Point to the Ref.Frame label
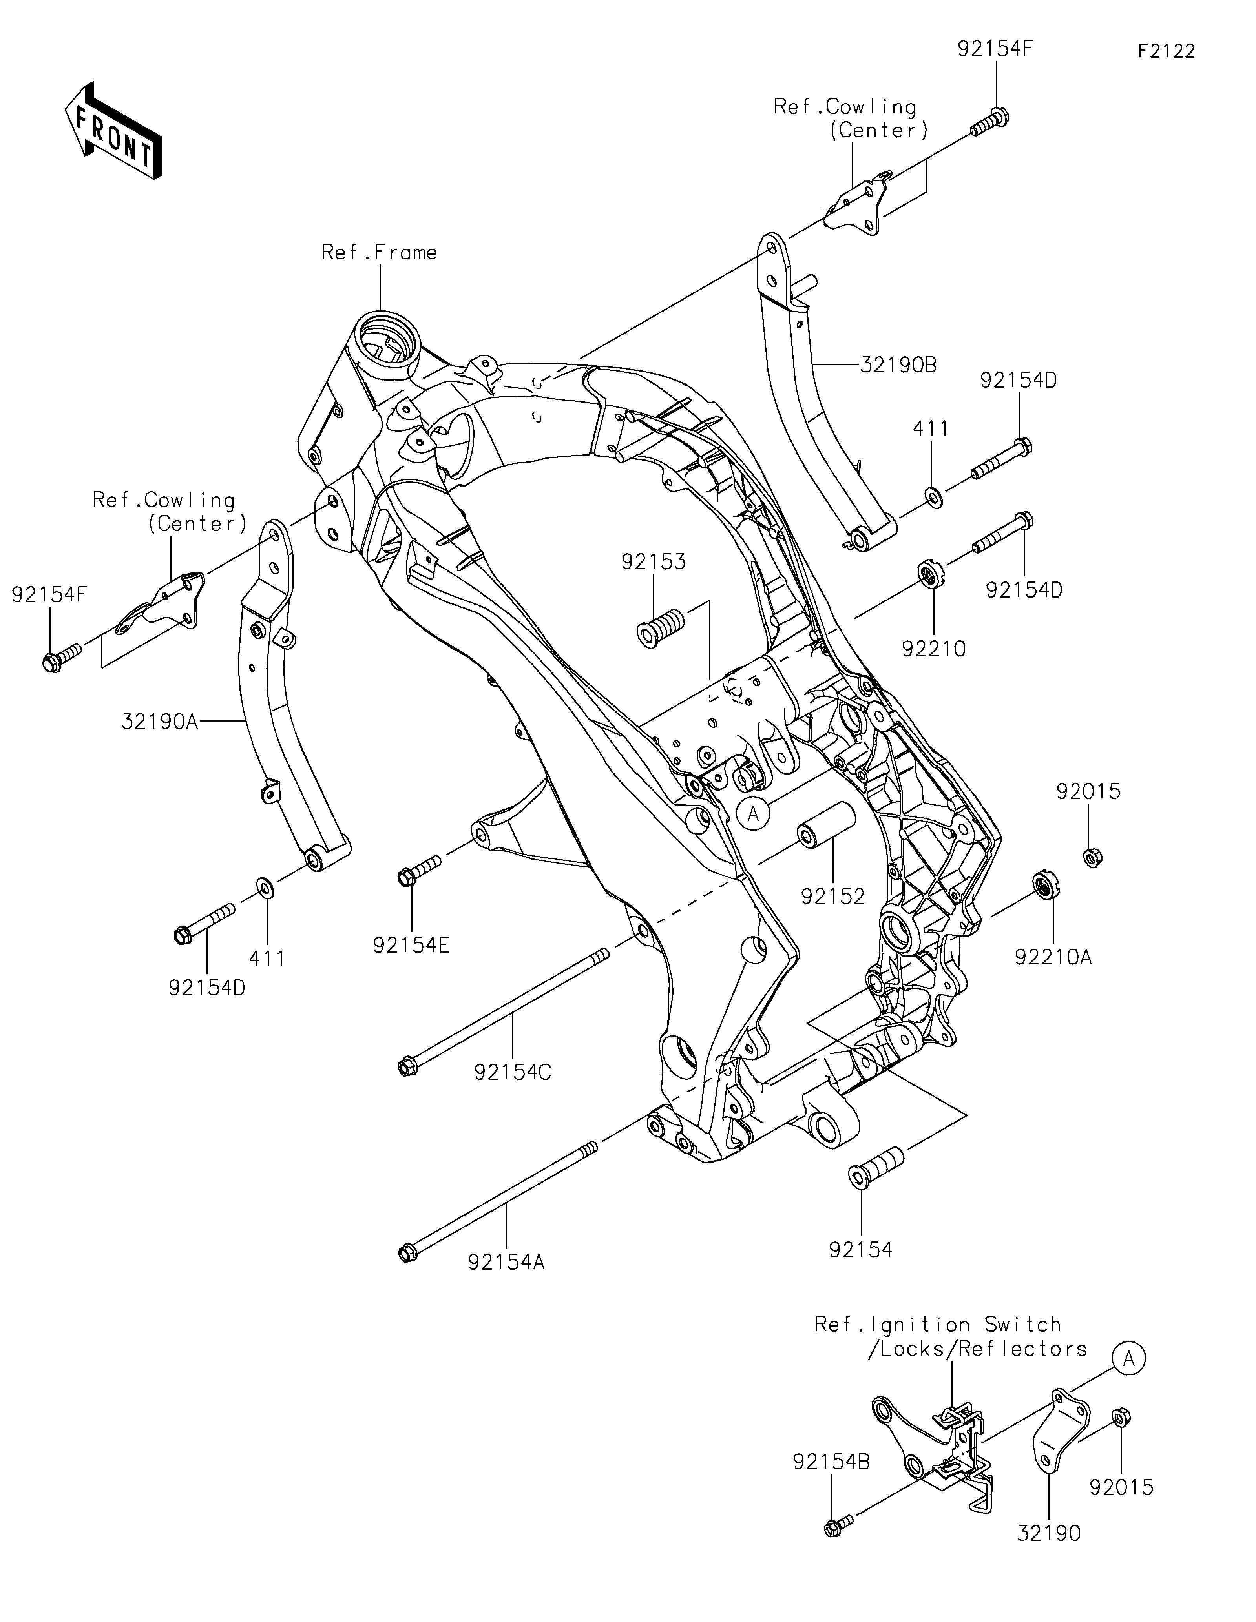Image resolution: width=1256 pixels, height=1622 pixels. (379, 253)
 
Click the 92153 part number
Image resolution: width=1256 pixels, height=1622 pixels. (654, 562)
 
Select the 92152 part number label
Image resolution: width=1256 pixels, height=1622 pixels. (832, 897)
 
